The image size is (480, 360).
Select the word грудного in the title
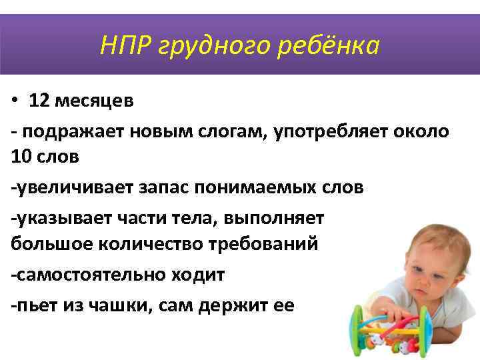tap(216, 46)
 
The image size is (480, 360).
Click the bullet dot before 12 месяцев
tap(15, 101)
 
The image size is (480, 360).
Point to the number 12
tap(39, 101)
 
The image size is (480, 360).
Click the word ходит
tap(199, 274)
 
